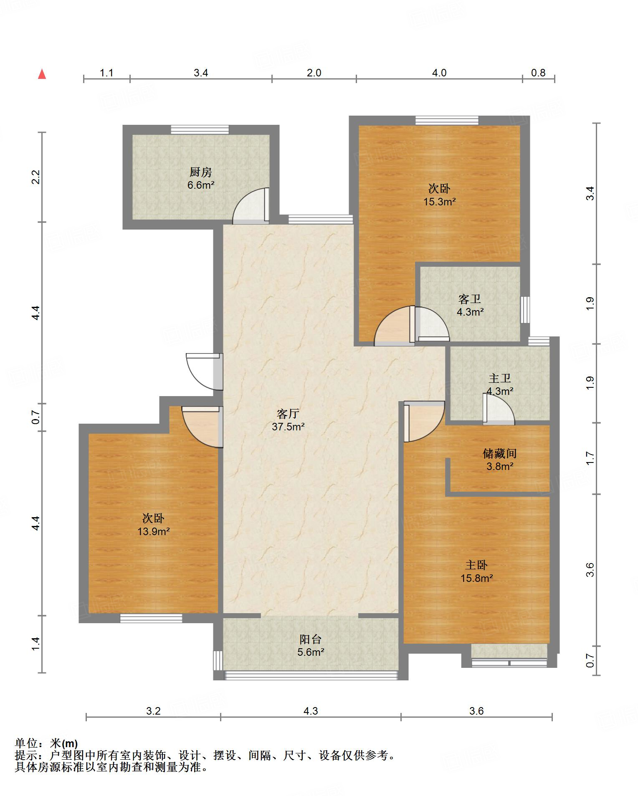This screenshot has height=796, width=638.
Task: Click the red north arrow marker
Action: click(x=42, y=74)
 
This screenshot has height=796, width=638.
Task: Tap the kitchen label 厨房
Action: click(x=201, y=172)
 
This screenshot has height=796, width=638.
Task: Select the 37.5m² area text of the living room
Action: click(x=288, y=427)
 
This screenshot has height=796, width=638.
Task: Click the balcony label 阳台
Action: click(x=311, y=639)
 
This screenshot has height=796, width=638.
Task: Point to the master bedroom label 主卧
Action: click(x=476, y=565)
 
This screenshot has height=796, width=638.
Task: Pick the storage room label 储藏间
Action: click(x=500, y=453)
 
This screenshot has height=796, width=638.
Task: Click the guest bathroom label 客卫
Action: click(x=470, y=299)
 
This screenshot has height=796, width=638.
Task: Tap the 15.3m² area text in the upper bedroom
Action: click(x=439, y=202)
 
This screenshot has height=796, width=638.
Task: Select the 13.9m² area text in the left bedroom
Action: click(x=154, y=531)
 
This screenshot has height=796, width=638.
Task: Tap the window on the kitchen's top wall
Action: click(x=200, y=129)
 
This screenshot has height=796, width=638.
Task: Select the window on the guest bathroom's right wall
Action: click(x=525, y=310)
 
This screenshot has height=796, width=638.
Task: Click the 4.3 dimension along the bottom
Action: click(x=311, y=711)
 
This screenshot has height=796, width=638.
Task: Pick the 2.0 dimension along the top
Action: click(x=314, y=73)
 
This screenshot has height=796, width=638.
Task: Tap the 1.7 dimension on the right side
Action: click(x=590, y=458)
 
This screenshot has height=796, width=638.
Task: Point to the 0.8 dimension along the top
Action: click(x=538, y=73)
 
